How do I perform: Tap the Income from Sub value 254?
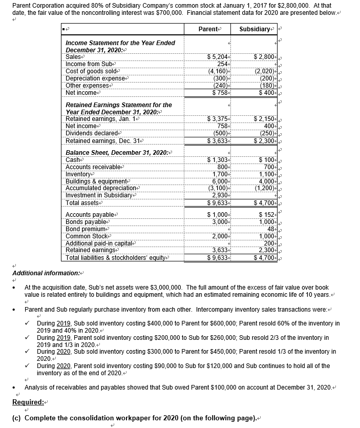(x=219, y=64)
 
